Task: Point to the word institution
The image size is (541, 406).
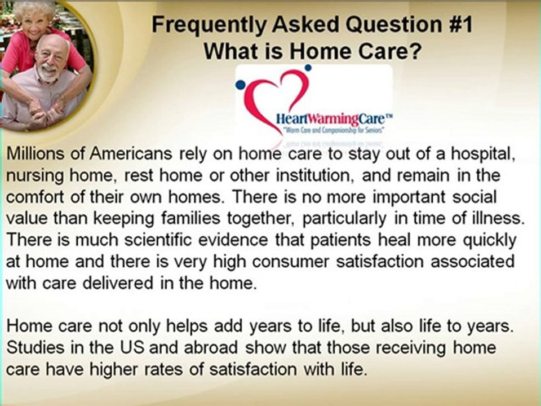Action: pos(312,175)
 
